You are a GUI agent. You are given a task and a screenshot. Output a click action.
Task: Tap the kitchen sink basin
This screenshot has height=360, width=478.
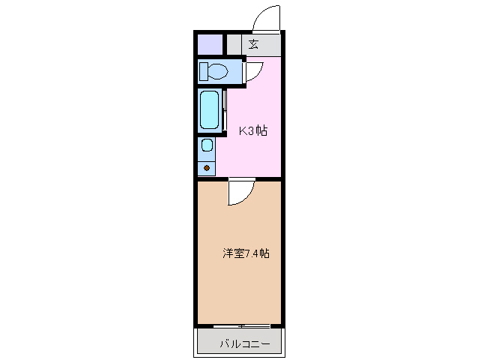[x=207, y=145]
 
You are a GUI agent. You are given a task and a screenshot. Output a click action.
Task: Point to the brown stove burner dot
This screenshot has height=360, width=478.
[x=207, y=166]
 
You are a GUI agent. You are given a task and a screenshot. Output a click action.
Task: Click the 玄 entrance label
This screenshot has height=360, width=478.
[x=254, y=44]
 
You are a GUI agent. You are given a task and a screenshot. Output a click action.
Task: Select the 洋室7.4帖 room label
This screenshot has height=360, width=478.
[x=245, y=253]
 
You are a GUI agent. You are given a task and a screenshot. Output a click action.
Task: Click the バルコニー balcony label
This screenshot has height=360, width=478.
[x=240, y=345]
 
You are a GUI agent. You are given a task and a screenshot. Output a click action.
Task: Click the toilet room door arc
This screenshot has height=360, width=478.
[x=253, y=70]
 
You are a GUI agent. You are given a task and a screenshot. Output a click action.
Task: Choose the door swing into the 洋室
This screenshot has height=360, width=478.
[x=241, y=193]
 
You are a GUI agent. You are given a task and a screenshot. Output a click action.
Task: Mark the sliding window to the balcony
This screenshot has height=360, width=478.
[x=241, y=326]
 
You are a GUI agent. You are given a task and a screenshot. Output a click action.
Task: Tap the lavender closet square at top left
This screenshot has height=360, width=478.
[x=211, y=44]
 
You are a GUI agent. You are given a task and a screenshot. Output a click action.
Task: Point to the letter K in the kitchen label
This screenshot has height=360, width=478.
[x=242, y=130]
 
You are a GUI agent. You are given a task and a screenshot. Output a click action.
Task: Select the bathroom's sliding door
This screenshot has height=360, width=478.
[x=224, y=109]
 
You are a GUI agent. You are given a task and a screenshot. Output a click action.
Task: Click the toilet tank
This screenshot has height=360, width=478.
[x=204, y=72]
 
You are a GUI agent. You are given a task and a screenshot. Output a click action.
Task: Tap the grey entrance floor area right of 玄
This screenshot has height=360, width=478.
[x=271, y=44]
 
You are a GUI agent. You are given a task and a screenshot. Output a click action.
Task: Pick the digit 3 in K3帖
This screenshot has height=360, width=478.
[x=250, y=130]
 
